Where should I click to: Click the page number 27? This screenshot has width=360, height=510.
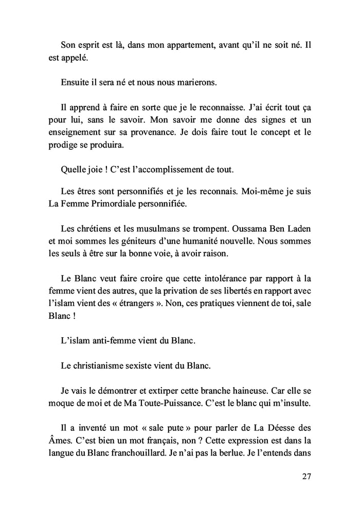[307, 477]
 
